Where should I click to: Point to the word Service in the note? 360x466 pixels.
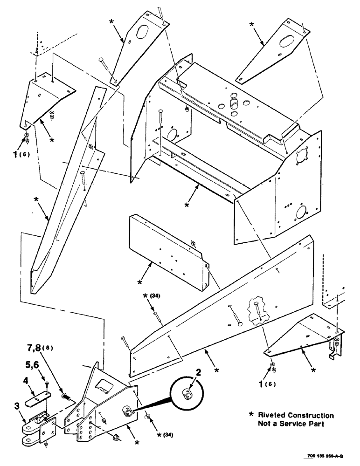click(x=297, y=424)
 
